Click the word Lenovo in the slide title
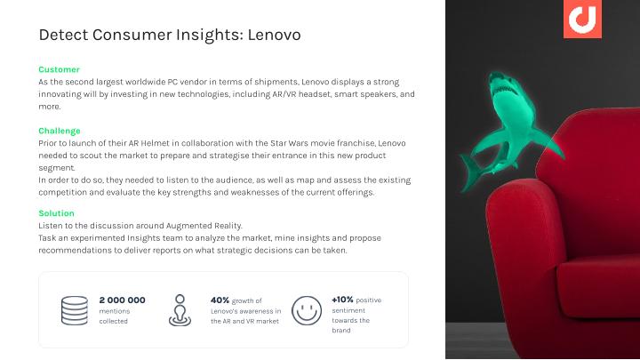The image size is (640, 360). [275, 35]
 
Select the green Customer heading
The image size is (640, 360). [60, 69]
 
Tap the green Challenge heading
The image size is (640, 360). [60, 131]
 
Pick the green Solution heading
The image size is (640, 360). [56, 213]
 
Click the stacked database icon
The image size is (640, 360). [75, 310]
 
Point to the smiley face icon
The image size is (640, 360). [307, 310]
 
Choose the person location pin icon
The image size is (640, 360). [180, 310]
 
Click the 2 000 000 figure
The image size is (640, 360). [122, 300]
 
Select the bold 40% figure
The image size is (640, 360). [220, 300]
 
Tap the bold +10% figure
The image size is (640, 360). [342, 300]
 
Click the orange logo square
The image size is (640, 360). [582, 19]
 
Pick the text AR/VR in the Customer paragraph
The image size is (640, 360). [284, 94]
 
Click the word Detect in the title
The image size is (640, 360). [64, 35]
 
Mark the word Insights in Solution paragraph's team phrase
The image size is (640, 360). [144, 238]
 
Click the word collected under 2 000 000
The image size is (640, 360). [114, 321]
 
